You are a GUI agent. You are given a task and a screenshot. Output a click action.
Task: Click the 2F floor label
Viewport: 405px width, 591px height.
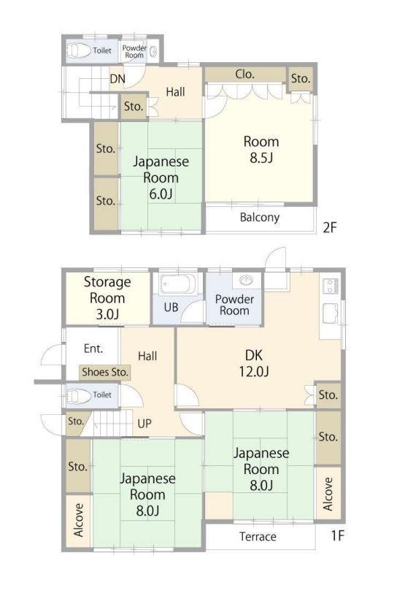pos(329,227)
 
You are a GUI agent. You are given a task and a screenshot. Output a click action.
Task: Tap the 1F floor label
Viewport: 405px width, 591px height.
pos(338,535)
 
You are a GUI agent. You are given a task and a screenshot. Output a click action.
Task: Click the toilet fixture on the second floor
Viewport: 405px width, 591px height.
pos(79,50)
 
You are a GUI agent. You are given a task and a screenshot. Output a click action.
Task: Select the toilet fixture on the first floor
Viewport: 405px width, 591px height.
pos(78,395)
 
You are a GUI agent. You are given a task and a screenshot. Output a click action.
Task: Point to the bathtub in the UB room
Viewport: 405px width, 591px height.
pos(177,284)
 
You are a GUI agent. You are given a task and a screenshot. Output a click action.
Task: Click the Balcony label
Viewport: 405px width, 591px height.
pos(260,217)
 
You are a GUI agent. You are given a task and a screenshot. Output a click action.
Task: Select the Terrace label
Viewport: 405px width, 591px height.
pos(258,536)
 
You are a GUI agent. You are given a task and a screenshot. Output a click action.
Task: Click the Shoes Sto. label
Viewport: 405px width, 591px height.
pos(105,372)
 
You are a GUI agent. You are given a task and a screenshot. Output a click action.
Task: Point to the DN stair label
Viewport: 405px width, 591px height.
pos(117,79)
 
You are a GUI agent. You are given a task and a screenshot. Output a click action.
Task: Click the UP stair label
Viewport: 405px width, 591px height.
pos(144,423)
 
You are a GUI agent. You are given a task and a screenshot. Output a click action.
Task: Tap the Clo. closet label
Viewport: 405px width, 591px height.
pos(244,75)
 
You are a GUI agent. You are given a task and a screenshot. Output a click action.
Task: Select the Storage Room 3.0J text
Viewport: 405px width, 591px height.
pos(107,298)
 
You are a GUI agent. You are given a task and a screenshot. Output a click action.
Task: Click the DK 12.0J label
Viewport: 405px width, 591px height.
pos(254,363)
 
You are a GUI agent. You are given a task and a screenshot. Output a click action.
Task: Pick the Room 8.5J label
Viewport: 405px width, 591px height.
pos(261,149)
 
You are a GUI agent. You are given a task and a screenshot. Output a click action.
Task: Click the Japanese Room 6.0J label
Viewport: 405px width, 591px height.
pos(161,178)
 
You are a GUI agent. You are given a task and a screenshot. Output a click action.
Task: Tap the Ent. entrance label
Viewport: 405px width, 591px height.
pos(93,348)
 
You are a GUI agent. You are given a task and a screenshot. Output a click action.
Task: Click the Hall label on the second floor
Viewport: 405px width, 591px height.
pos(175,91)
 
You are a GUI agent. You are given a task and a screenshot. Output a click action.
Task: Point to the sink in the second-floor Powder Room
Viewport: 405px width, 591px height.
pos(153,52)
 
